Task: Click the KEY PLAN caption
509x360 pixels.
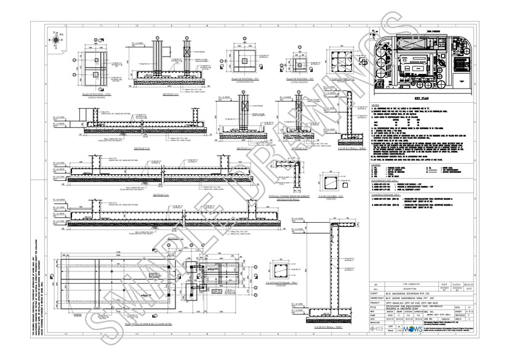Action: tap(422, 98)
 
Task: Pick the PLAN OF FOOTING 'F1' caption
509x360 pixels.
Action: tap(245, 79)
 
